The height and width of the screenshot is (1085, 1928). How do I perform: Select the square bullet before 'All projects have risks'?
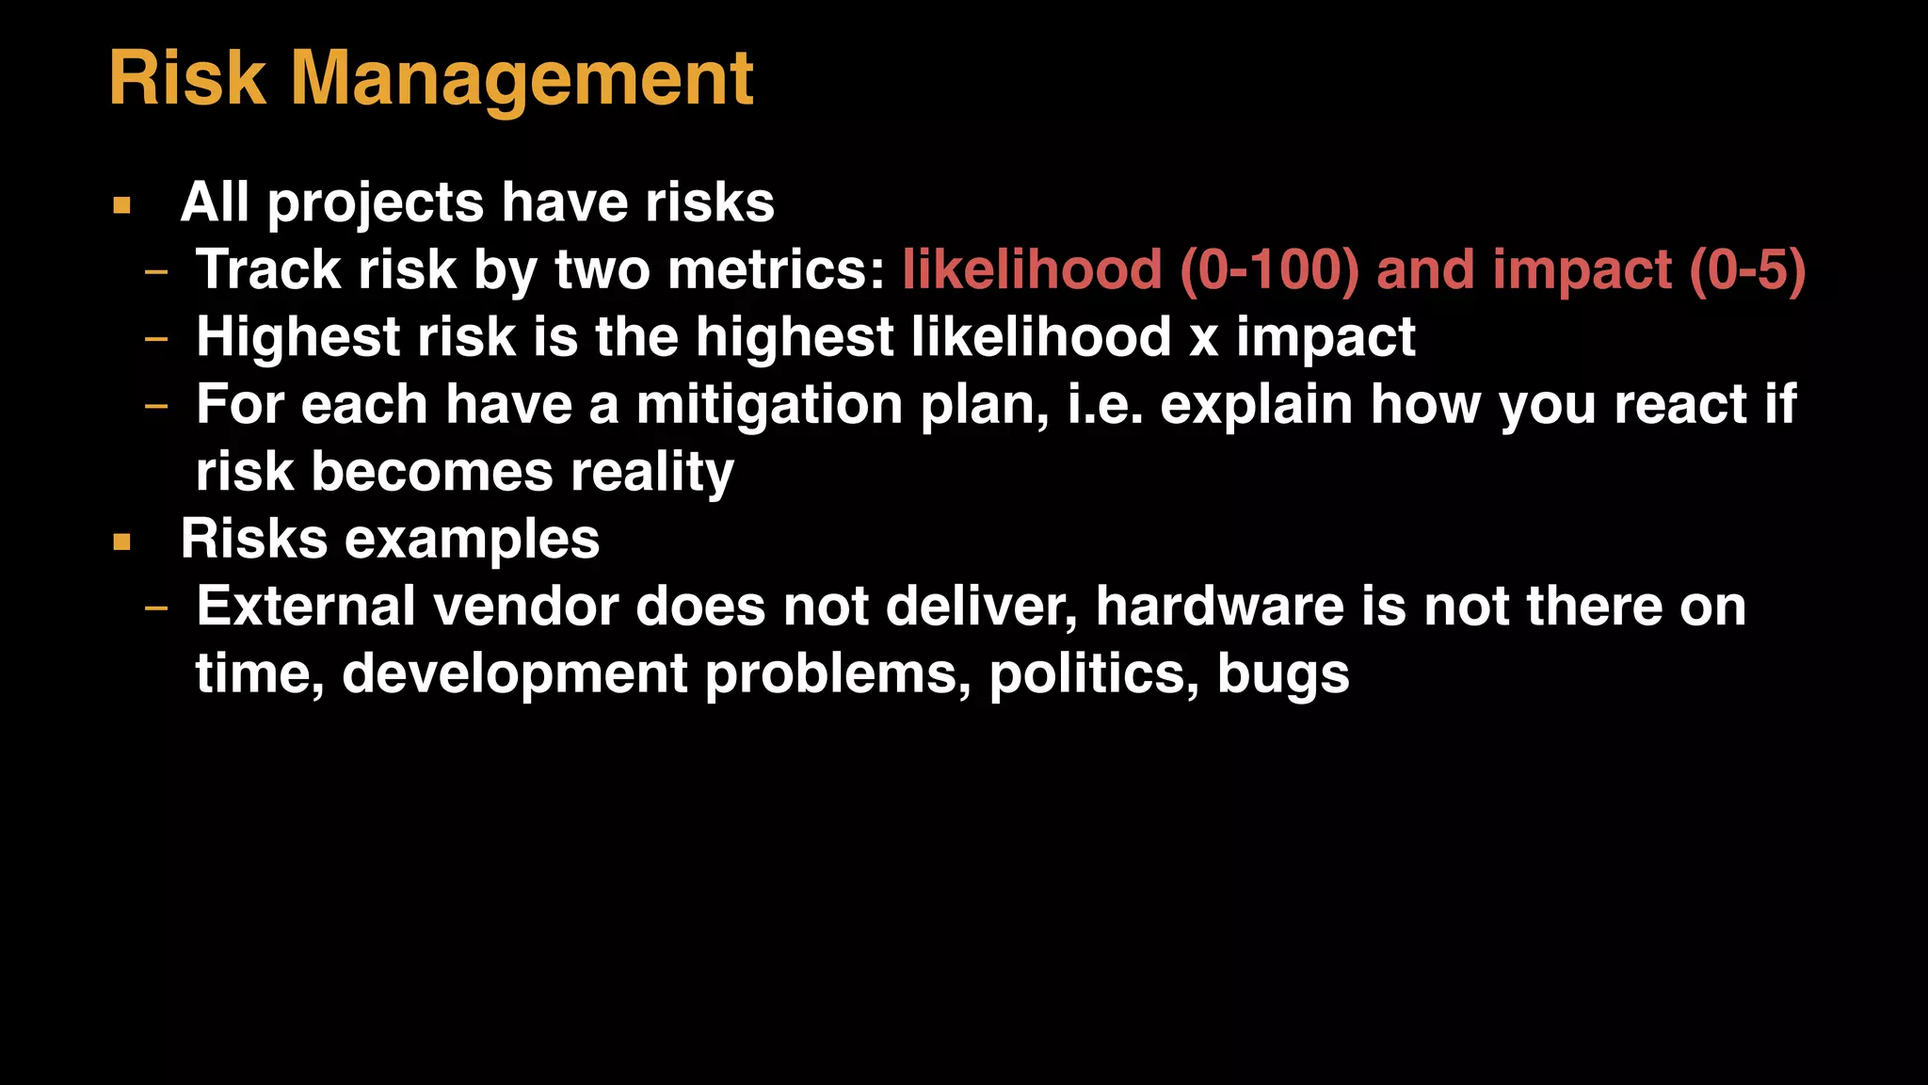pyautogui.click(x=121, y=205)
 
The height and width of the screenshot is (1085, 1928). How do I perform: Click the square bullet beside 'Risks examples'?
pyautogui.click(x=121, y=542)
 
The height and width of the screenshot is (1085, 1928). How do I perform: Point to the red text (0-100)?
pyautogui.click(x=1269, y=270)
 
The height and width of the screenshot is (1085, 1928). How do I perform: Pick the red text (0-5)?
pyautogui.click(x=1747, y=270)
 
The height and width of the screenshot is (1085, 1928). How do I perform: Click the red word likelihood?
pyautogui.click(x=1032, y=270)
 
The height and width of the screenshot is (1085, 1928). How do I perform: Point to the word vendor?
pyautogui.click(x=524, y=607)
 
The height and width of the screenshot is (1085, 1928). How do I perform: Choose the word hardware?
pyautogui.click(x=1220, y=607)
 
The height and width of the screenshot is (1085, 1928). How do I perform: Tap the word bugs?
pyautogui.click(x=1283, y=674)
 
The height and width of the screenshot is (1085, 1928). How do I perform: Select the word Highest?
pyautogui.click(x=297, y=338)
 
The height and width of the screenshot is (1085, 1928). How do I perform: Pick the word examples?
pyautogui.click(x=472, y=540)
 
